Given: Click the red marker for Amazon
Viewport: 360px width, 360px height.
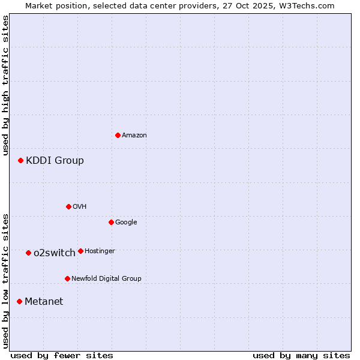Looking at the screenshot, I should click(118, 135).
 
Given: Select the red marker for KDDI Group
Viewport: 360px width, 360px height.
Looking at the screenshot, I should click(20, 160).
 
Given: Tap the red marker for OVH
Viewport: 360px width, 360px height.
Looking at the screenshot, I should click(68, 206).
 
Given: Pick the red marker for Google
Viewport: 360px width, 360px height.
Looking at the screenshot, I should click(111, 222).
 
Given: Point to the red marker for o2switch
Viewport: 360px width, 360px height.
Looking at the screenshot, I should click(28, 253).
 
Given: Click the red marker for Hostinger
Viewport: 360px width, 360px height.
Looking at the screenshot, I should click(80, 251).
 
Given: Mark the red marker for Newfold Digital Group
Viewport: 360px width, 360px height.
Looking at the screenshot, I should click(67, 278).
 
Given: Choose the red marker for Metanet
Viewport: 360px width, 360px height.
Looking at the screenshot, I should click(19, 301).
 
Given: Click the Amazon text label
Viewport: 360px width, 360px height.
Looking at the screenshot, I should click(134, 136).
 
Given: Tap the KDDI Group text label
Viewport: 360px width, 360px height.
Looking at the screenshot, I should click(55, 161).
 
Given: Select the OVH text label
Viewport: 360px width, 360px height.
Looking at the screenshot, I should click(80, 207).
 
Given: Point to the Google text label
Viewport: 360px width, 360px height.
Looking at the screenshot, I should click(126, 223).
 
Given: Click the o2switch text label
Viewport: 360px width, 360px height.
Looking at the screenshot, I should click(55, 253).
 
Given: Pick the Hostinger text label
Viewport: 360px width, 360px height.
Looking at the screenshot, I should click(100, 251).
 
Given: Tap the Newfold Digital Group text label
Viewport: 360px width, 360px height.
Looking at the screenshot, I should click(106, 279).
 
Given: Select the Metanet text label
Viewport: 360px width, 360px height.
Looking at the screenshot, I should click(44, 302).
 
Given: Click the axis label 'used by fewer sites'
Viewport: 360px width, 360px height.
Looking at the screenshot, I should click(62, 355).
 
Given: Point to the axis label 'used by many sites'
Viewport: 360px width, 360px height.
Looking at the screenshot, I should click(301, 355).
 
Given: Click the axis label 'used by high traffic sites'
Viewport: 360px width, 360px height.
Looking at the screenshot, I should click(5, 85).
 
